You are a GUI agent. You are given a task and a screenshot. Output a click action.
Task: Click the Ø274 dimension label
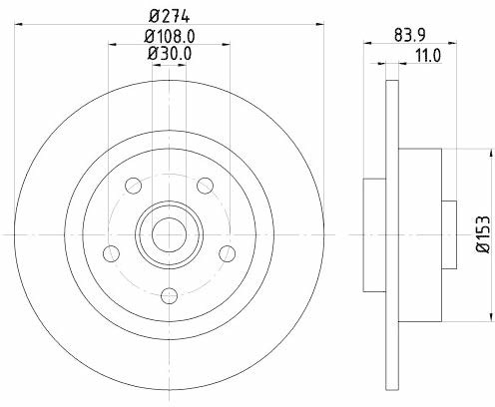click(x=170, y=16)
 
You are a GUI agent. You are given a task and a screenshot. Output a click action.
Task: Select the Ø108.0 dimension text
click(x=170, y=36)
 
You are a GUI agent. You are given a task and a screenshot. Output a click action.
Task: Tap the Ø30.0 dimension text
click(x=170, y=54)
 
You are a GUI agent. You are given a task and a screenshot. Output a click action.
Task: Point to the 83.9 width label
click(x=410, y=35)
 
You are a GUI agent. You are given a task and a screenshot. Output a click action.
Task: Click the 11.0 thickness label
click(x=428, y=55)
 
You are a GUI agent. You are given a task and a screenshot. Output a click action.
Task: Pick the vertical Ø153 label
click(x=483, y=234)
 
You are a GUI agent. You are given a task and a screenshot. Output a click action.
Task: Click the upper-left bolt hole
click(x=134, y=186)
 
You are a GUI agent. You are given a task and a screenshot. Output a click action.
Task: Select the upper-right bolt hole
click(x=205, y=186)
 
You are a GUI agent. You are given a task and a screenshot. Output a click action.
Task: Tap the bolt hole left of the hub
click(x=112, y=254)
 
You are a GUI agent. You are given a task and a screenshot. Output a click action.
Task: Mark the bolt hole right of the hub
click(x=228, y=254)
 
